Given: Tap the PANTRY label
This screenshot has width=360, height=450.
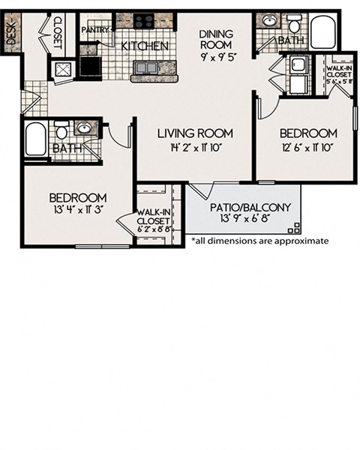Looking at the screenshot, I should click(95, 31).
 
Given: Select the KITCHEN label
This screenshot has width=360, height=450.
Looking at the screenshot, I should click(145, 46).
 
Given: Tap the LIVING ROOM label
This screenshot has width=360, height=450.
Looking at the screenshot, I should click(195, 133).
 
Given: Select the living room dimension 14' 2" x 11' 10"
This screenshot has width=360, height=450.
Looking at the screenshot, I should click(195, 147).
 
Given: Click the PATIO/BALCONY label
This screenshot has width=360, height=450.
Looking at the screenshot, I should click(240, 206).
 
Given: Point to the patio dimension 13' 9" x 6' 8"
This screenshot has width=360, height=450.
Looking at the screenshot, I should click(240, 219).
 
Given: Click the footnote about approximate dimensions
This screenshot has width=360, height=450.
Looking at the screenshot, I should click(260, 241).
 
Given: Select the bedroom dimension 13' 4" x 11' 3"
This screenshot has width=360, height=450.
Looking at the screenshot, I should click(78, 211).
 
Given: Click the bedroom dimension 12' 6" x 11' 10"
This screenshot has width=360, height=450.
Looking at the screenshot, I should click(307, 147).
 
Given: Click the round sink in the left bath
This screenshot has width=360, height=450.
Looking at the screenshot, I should click(85, 128).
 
